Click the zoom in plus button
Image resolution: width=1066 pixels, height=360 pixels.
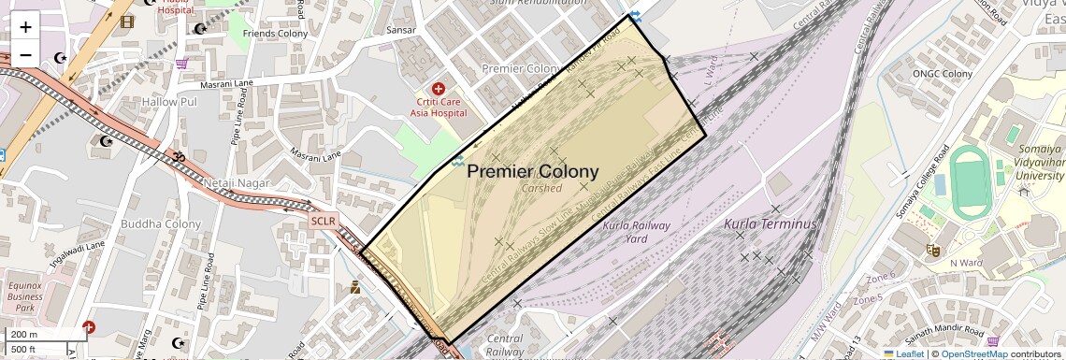(x=25, y=26)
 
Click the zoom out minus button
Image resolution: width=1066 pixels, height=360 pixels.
(x=25, y=54)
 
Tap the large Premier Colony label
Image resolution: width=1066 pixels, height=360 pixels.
(x=532, y=171)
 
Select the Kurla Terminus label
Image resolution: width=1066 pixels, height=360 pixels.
(x=771, y=224)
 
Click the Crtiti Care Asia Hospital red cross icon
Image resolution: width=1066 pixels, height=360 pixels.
(x=438, y=89)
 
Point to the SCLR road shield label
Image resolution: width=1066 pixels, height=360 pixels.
(x=322, y=221)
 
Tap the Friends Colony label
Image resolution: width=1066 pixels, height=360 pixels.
(x=275, y=34)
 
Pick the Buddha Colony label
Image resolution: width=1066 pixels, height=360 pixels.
(x=168, y=224)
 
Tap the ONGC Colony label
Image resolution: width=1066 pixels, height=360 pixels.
(x=944, y=74)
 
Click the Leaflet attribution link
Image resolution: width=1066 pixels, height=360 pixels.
(x=903, y=353)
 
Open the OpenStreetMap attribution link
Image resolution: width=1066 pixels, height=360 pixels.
(x=973, y=353)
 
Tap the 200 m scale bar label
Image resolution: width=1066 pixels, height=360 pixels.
(x=24, y=335)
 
